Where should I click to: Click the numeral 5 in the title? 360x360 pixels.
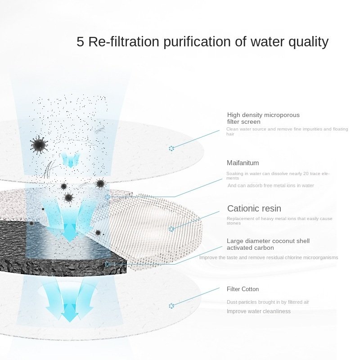click(80, 41)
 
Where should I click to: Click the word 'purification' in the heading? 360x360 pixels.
click(197, 42)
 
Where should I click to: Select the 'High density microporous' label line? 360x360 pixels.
click(263, 115)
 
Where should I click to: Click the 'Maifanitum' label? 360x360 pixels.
click(243, 163)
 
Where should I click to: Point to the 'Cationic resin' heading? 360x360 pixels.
click(254, 208)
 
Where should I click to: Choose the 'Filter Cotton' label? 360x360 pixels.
click(243, 289)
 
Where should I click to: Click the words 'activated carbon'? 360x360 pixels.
click(250, 248)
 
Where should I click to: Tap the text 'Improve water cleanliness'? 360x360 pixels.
click(258, 311)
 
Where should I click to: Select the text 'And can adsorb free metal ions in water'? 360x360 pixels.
click(271, 185)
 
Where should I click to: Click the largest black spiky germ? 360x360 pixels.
click(39, 145)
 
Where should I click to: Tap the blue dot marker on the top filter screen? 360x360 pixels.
click(171, 148)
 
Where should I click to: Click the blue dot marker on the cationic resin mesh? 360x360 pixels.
click(171, 229)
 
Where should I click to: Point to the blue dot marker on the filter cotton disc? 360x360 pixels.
click(171, 306)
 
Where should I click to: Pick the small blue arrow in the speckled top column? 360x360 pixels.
click(70, 160)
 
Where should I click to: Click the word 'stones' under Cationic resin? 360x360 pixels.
click(234, 223)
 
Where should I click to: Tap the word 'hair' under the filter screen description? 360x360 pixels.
click(230, 134)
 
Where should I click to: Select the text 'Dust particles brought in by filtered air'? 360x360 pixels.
click(268, 302)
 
